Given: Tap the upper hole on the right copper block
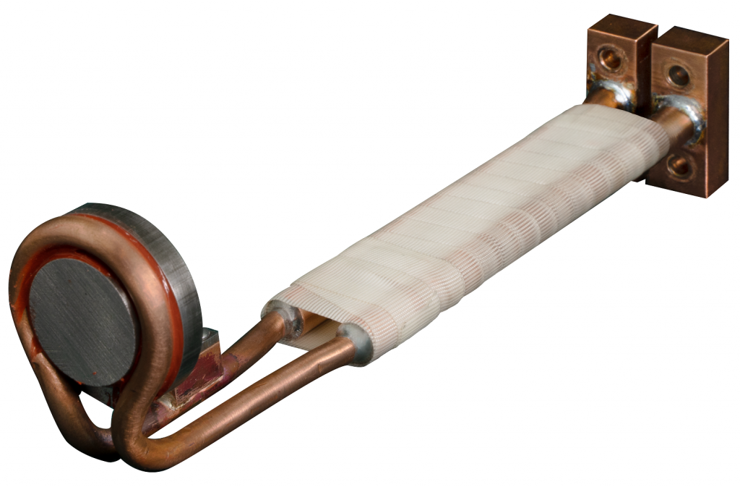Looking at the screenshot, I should tap(679, 74).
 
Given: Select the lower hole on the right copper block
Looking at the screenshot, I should tap(679, 165).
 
